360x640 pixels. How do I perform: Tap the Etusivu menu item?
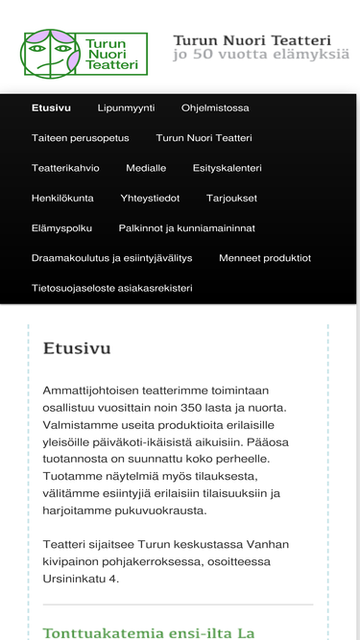coord(51,108)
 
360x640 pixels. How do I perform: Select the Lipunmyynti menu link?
coord(126,108)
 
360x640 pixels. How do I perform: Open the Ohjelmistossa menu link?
coord(215,108)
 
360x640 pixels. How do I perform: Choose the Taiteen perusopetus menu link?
coord(80,138)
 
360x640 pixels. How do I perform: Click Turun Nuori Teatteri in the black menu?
coord(204,138)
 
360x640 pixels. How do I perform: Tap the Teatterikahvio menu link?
coord(65,168)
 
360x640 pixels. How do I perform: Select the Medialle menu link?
coord(146,168)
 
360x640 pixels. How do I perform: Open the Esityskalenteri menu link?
coord(227,168)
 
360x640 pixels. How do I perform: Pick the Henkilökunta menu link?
coord(62,198)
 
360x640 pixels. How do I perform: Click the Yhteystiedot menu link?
coord(150,198)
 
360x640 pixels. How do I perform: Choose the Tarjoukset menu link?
coord(231,198)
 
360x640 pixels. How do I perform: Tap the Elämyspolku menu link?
coord(61,228)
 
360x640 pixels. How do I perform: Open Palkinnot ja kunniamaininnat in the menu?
coord(186,228)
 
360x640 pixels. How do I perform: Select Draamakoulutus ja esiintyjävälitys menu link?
coord(111,258)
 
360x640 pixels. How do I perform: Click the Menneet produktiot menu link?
coord(265,258)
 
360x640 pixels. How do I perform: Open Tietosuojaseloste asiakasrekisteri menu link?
coord(111,288)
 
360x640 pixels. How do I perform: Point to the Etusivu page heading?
coord(77,348)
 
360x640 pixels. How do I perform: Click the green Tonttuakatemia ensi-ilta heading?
coord(149,632)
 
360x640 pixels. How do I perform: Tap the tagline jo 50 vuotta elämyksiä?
coord(261,56)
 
